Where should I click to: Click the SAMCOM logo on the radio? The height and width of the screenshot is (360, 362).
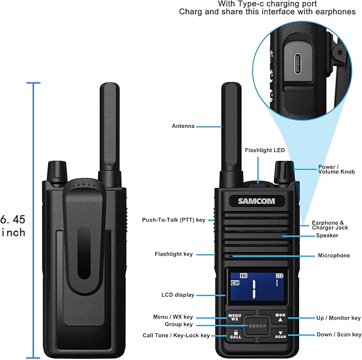click(x=256, y=201)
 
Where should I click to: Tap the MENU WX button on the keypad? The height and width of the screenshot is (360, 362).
click(x=235, y=317)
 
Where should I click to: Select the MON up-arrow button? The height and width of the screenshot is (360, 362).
click(x=280, y=317)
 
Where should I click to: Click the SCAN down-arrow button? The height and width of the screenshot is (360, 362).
click(x=280, y=335)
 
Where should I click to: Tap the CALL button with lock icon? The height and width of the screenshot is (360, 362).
click(x=236, y=334)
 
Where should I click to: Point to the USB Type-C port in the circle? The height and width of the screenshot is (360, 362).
click(x=298, y=64)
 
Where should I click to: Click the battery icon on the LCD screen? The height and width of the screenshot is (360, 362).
click(x=279, y=276)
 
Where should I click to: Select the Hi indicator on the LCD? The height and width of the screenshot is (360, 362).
click(x=244, y=276)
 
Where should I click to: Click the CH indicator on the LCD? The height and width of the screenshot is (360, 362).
click(x=235, y=283)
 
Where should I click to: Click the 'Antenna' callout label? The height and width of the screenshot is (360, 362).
click(x=183, y=126)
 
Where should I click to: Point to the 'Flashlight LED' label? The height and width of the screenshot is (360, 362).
click(x=264, y=150)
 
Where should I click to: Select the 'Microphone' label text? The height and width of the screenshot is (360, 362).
click(x=334, y=255)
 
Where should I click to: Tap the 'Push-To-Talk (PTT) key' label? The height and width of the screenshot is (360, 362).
click(x=174, y=220)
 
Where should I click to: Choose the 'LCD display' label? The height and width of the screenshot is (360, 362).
click(x=178, y=294)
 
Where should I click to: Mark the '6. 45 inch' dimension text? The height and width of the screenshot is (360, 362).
click(x=13, y=226)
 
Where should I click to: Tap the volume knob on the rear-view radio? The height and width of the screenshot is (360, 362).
click(x=57, y=172)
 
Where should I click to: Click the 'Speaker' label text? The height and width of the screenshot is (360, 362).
click(x=327, y=235)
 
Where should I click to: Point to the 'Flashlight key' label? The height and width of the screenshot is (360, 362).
click(x=174, y=254)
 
